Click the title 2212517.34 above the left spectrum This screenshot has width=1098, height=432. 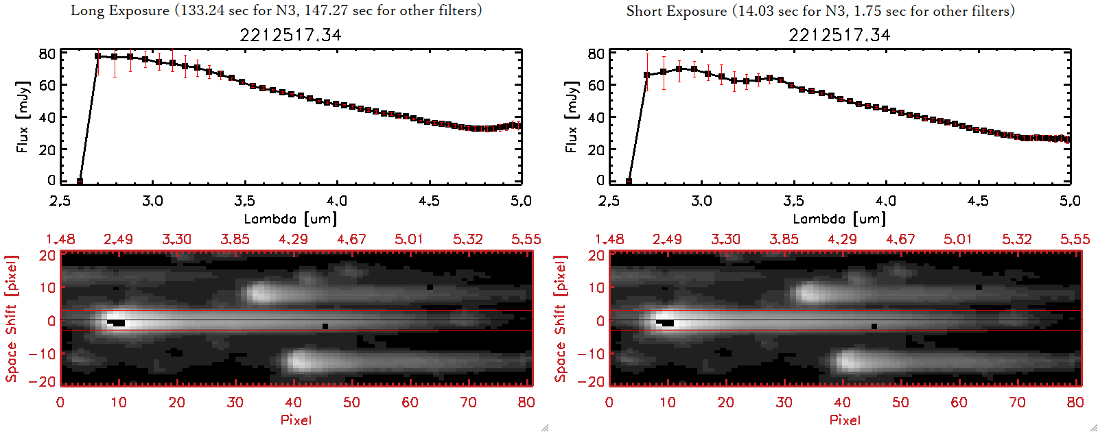[x=290, y=35]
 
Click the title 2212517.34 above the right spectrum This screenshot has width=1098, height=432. [x=839, y=35]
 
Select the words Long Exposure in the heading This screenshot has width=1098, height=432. [x=120, y=10]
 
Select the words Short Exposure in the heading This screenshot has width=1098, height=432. [x=676, y=11]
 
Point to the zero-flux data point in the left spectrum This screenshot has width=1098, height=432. [x=80, y=181]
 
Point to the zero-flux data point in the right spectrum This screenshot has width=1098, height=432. [x=629, y=181]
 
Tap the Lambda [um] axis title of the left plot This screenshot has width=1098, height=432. [x=290, y=219]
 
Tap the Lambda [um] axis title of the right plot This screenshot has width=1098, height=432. [x=839, y=219]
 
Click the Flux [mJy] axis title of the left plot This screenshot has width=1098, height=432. [x=23, y=117]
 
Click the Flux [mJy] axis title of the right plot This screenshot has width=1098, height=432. [x=572, y=117]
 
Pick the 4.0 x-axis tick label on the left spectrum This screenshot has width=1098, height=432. [x=336, y=201]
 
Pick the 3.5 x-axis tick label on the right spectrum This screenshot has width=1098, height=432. [x=793, y=201]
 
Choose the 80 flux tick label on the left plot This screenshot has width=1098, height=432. [x=47, y=53]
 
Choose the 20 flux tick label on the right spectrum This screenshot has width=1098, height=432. [x=596, y=149]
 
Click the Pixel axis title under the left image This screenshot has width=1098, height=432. [x=296, y=420]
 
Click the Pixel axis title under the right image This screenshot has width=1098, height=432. [x=845, y=420]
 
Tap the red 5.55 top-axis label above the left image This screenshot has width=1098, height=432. [x=526, y=239]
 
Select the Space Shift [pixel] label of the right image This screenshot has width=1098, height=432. [x=561, y=319]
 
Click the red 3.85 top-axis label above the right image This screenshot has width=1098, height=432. [x=784, y=239]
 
